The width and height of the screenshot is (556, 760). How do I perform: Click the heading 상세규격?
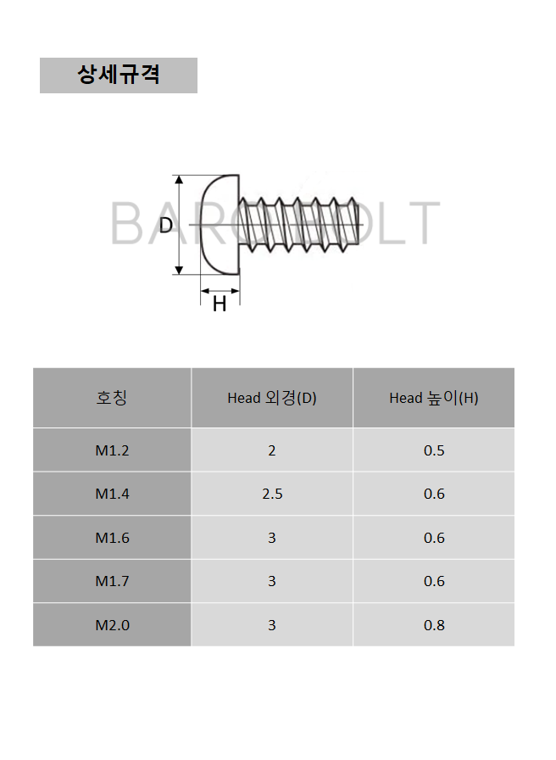click(119, 75)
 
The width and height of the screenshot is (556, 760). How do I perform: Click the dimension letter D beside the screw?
click(165, 225)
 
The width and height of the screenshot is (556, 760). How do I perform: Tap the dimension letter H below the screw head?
click(220, 304)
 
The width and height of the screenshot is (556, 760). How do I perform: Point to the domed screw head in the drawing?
click(220, 225)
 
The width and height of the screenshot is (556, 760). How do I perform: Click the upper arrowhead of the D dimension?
click(179, 180)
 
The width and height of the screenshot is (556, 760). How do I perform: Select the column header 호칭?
click(112, 398)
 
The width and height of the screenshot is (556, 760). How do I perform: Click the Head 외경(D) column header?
click(272, 398)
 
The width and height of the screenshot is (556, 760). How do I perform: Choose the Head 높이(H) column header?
click(434, 398)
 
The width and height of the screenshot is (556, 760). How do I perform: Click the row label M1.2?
click(112, 450)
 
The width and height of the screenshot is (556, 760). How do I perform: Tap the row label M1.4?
click(112, 494)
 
